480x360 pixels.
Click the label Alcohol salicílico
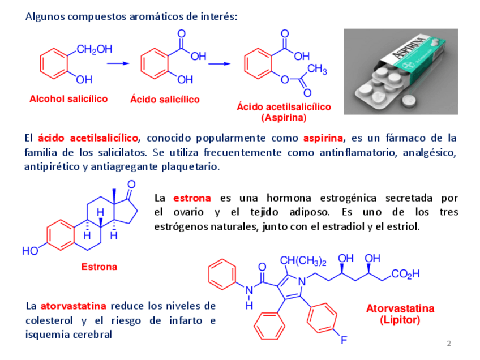(x=68, y=98)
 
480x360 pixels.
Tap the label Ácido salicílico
(x=165, y=99)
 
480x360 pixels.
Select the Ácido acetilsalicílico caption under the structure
(x=284, y=106)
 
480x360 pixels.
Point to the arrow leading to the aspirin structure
(x=220, y=63)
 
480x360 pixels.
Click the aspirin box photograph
(x=401, y=71)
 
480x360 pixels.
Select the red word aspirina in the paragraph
(x=323, y=138)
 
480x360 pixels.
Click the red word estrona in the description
(x=192, y=198)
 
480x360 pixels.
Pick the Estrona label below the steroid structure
(x=99, y=267)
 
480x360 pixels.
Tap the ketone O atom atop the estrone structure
(x=131, y=184)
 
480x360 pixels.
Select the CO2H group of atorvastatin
(x=405, y=275)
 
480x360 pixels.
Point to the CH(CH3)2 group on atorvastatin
(x=303, y=261)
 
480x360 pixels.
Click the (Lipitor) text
(x=400, y=320)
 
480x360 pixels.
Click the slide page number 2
(x=449, y=344)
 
